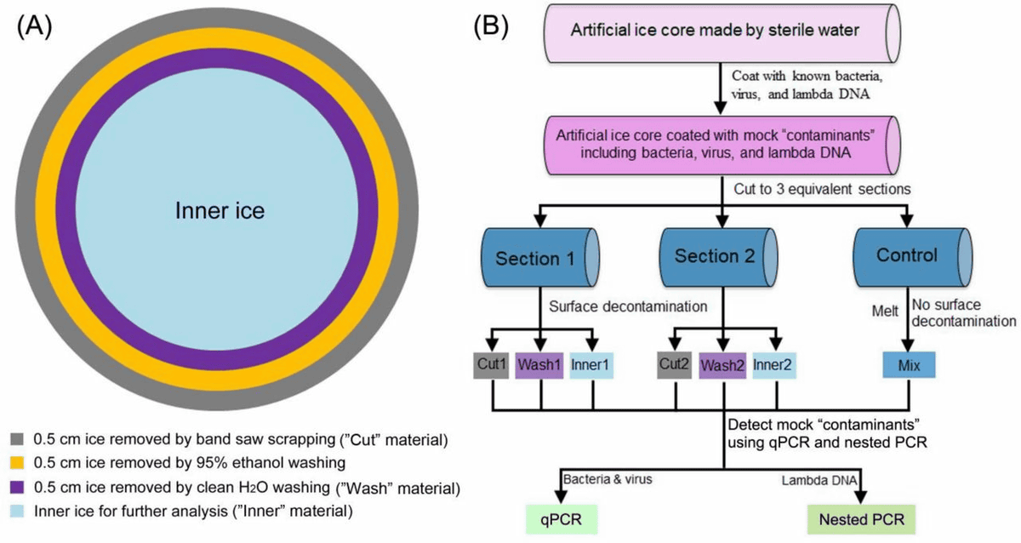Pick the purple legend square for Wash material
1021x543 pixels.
pos(17,489)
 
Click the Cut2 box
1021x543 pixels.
pos(675,365)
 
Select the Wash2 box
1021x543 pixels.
pos(723,366)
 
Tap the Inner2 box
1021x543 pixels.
pos(773,365)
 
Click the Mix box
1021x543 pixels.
pos(909,366)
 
